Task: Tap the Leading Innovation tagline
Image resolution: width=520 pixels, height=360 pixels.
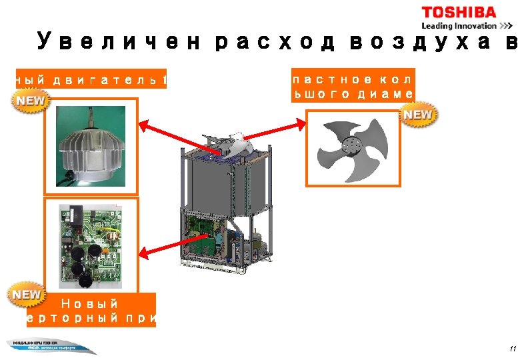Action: [x=459, y=26]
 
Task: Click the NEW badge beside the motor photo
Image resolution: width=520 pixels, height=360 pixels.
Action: [x=29, y=101]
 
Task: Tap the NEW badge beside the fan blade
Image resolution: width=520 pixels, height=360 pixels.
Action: [x=418, y=115]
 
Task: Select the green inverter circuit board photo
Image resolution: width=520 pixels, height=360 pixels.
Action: [x=91, y=244]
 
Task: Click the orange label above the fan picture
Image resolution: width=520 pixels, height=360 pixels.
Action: [x=352, y=85]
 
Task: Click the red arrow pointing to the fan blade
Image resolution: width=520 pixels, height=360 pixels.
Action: [x=266, y=137]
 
